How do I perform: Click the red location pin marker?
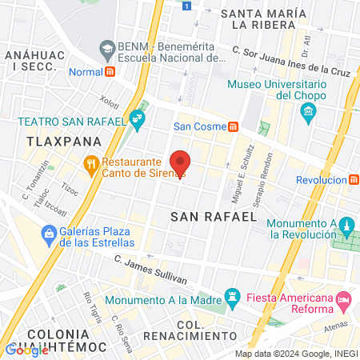[x=181, y=163]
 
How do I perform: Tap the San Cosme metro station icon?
[x=233, y=126]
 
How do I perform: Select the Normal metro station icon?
[x=110, y=70]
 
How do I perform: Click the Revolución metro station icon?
[x=353, y=180]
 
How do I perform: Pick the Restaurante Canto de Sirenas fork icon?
[x=91, y=166]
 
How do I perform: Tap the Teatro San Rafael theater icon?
[x=138, y=121]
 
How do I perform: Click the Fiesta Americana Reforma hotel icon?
[x=344, y=302]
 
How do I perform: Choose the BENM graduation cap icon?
[x=106, y=49]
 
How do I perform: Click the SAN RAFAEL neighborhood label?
[x=214, y=215]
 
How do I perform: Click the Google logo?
[x=26, y=349]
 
